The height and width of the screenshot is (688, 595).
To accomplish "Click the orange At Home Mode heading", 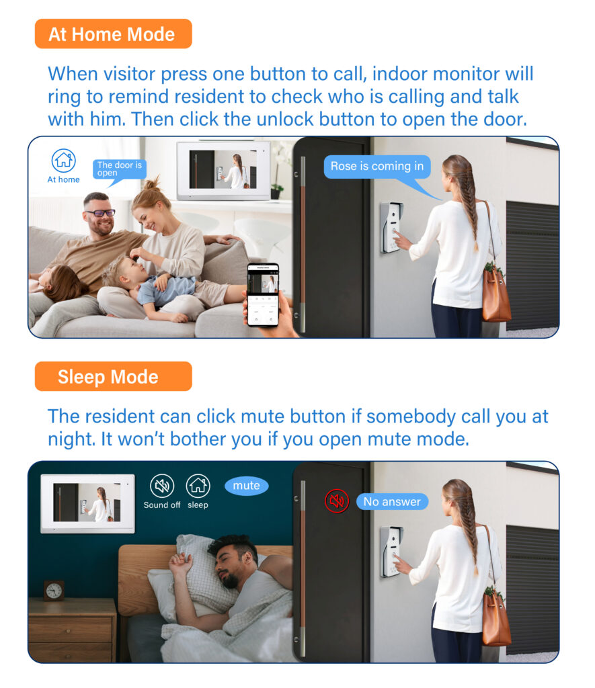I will coord(113,34).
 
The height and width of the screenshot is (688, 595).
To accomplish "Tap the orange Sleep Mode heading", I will coord(113,376).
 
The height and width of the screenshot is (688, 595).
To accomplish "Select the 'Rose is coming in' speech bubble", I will coord(377,167).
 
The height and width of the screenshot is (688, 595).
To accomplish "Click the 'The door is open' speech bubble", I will coord(120,169).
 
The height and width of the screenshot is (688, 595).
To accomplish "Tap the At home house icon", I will coord(63,161).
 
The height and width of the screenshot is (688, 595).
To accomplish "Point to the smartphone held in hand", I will coord(262,295).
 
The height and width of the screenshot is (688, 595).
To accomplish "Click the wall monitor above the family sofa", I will coord(224,171).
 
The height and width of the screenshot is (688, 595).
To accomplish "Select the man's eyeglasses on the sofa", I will coord(100,213).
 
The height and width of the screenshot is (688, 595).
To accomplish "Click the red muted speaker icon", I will coord(337,501).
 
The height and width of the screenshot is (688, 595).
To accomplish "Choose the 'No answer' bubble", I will coord(392,501).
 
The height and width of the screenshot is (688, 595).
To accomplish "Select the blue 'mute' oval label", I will coord(246,486).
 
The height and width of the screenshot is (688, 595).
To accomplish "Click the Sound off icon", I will coord(161,486).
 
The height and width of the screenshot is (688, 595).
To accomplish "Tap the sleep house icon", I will coord(198,486).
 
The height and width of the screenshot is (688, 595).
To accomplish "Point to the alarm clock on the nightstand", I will coord(54,590).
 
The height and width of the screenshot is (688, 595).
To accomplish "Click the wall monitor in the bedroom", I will coord(87,503).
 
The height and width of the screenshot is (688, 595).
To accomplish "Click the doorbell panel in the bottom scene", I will coord(391,552).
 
